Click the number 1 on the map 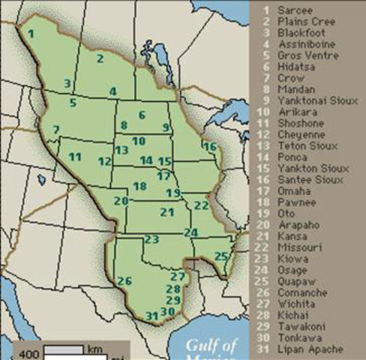(31, 34)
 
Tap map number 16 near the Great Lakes (210, 145)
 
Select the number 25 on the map (220, 256)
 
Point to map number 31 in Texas (152, 316)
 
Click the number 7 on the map (56, 129)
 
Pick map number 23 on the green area (152, 240)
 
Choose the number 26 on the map (124, 281)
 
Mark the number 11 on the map (74, 157)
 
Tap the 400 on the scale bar (29, 354)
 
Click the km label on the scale (94, 350)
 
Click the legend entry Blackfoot (297, 34)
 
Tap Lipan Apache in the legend (310, 349)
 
